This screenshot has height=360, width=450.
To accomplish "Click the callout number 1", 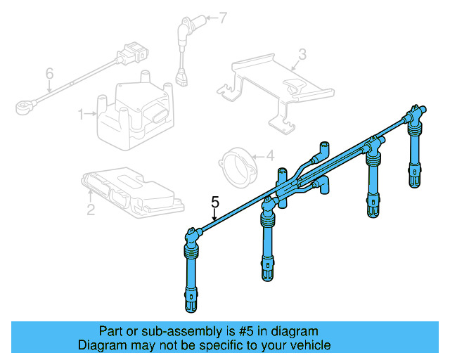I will point(81,113).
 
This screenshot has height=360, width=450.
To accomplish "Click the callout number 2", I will point(91,208).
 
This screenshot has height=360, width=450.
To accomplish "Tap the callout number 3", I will point(302,53).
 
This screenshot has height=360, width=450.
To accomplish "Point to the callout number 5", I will point(217,203).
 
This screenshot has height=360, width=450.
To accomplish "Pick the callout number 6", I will point(49,73).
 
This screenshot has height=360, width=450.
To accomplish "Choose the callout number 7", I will point(223,18).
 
